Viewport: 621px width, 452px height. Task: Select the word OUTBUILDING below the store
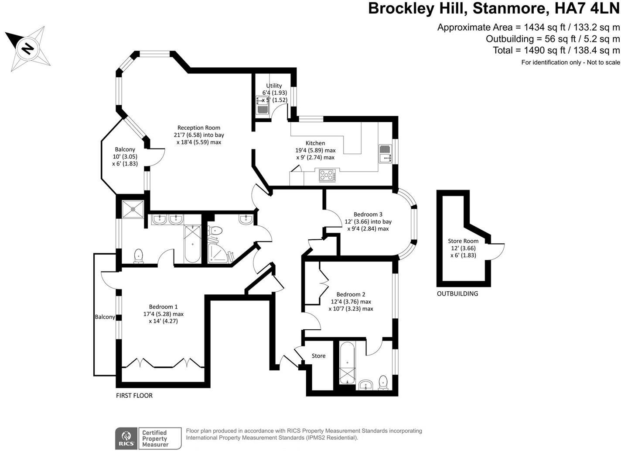(457, 293)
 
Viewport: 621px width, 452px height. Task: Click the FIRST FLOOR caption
(134, 396)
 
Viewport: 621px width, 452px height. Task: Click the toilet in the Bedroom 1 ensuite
(139, 256)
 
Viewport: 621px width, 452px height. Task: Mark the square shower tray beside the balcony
(133, 208)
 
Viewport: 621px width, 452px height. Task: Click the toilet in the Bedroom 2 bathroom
(383, 383)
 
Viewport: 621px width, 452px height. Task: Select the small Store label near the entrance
(318, 356)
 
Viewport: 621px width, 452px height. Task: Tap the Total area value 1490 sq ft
(541, 50)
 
